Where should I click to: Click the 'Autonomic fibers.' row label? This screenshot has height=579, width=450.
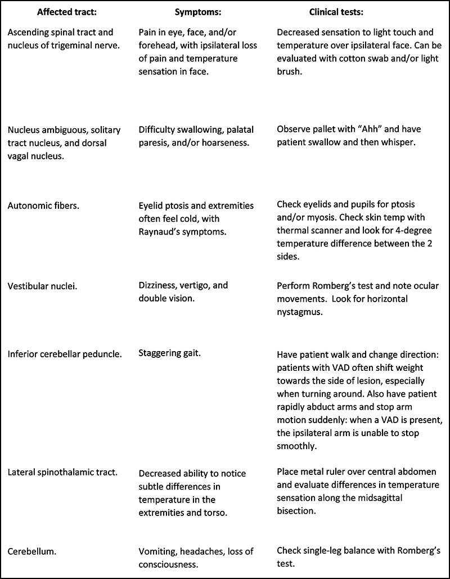point(43,206)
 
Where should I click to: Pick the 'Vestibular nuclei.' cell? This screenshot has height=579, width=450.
point(43,286)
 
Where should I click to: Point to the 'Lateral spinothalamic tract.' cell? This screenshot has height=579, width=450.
point(62,472)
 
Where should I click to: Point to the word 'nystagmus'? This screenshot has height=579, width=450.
point(299,312)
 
